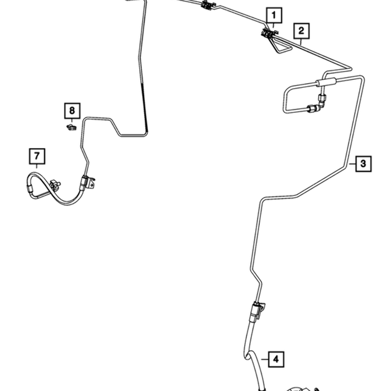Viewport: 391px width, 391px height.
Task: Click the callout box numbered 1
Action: point(274,15)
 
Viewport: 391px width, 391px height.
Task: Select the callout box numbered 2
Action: point(302,31)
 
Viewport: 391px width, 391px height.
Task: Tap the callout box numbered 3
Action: point(363,164)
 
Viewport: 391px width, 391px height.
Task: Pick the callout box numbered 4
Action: point(276,359)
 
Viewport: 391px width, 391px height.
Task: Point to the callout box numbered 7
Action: point(37,156)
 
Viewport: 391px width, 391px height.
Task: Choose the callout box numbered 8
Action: point(72,111)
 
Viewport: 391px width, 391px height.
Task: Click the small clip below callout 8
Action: point(71,127)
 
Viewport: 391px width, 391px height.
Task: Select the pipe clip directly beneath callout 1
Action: point(269,34)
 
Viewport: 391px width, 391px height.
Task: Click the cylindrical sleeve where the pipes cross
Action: point(326,82)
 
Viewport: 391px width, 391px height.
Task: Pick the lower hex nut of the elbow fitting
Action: point(312,108)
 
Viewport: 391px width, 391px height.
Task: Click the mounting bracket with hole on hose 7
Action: point(91,183)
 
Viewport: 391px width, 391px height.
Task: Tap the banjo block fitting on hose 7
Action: point(55,185)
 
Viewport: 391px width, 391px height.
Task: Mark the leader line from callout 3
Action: point(352,164)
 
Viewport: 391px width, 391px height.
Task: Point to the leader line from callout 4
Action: point(265,359)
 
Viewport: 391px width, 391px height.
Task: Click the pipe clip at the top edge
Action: point(207,5)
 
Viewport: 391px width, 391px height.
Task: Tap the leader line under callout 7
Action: point(37,166)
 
